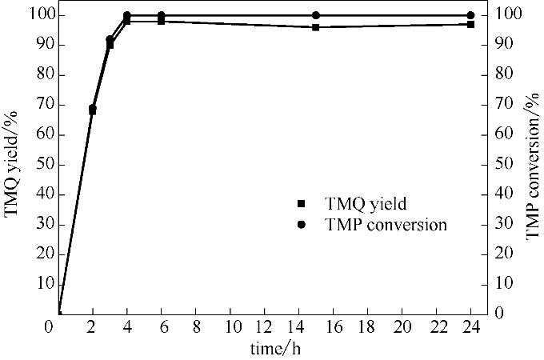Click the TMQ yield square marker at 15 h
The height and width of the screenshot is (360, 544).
point(316,27)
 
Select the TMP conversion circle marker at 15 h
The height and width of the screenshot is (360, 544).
point(316,15)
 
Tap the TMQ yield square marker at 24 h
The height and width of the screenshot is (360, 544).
point(470,24)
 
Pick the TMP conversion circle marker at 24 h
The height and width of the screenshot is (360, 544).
point(470,15)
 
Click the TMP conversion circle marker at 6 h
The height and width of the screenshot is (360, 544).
point(161,15)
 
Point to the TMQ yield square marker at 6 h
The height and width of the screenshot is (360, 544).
point(161,22)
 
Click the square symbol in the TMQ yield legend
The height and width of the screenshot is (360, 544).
point(301,204)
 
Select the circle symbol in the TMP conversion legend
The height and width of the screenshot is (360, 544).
point(301,225)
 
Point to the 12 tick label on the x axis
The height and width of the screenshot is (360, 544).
point(264,328)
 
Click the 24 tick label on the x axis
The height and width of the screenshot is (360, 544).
point(470,328)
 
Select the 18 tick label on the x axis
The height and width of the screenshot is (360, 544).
point(367,328)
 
